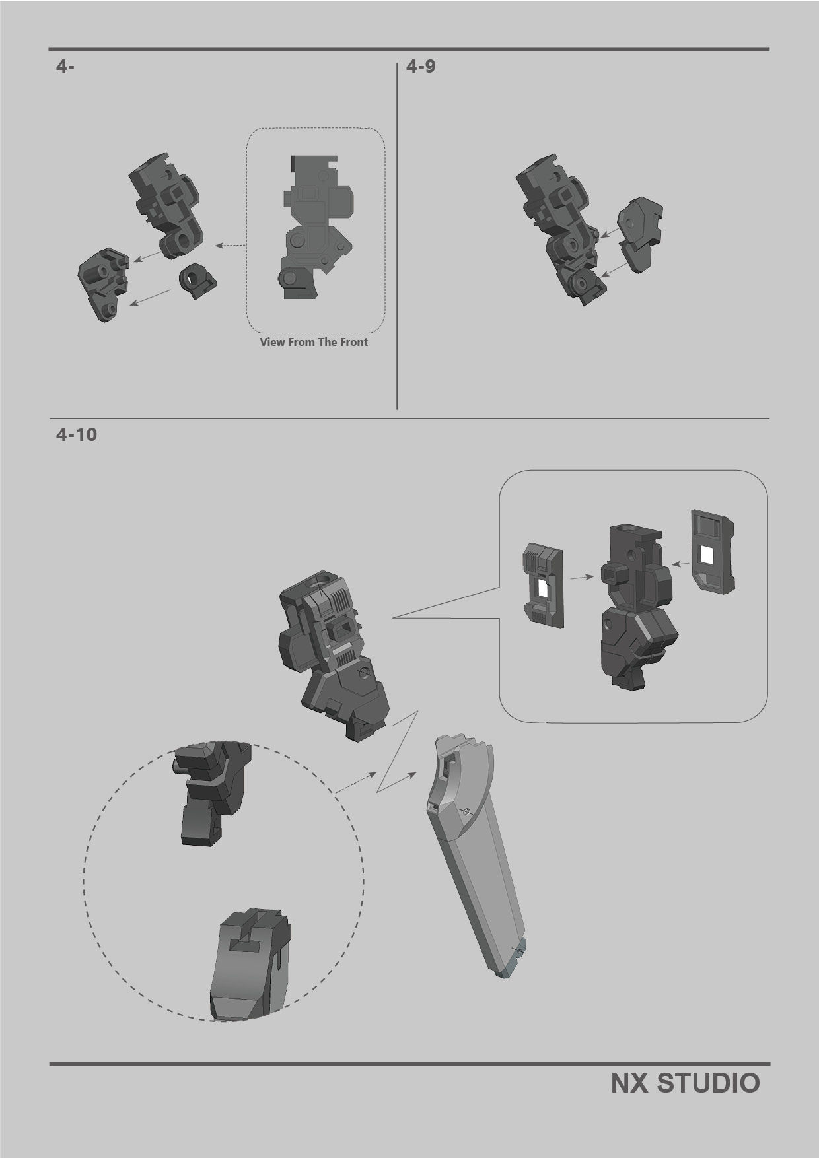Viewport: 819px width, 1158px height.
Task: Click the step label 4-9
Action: (x=421, y=67)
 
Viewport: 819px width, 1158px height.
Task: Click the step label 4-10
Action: (x=77, y=435)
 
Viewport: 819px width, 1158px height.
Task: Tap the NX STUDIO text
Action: (x=685, y=1083)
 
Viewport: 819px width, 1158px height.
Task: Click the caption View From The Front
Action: (x=314, y=342)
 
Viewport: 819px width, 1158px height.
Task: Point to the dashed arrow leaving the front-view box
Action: (x=231, y=246)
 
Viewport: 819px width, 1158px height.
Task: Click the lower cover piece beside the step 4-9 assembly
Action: (x=637, y=256)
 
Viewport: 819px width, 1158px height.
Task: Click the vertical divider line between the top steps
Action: (x=397, y=238)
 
